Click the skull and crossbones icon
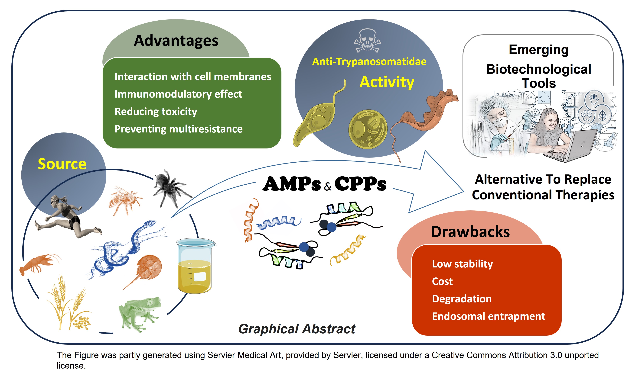click(367, 41)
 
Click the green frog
click(140, 314)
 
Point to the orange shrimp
click(39, 264)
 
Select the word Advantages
click(176, 41)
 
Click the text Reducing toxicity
click(156, 112)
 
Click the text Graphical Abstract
click(297, 329)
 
